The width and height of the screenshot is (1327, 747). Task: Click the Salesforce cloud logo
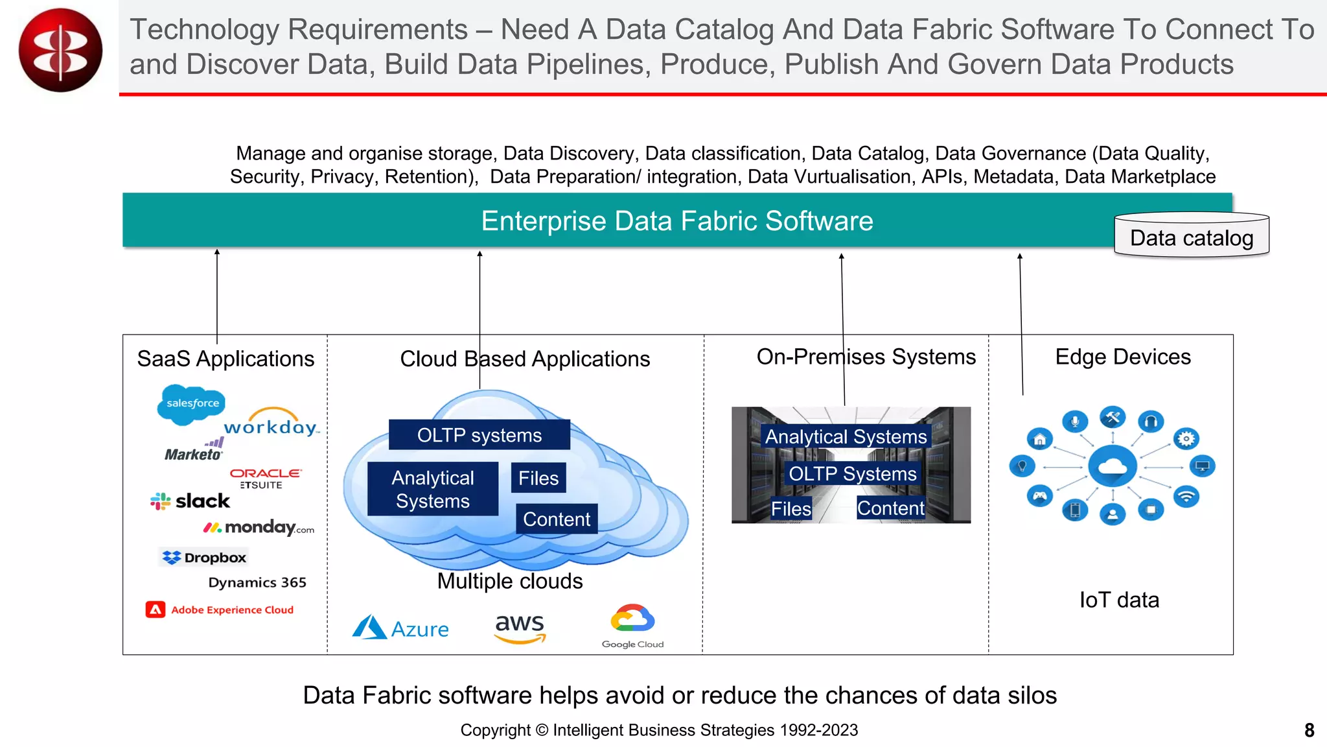point(191,403)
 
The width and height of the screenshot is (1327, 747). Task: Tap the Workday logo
point(271,423)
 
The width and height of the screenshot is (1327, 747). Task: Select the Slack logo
point(190,501)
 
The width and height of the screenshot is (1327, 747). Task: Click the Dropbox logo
point(204,558)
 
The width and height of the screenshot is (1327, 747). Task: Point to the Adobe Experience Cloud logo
point(220,610)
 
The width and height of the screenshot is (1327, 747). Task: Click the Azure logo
point(400,628)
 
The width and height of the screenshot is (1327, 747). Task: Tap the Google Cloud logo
point(632,626)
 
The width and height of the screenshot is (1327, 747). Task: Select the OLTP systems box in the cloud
point(479,435)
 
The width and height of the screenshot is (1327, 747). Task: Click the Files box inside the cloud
point(538,478)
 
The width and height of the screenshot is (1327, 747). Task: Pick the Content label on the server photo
point(890,508)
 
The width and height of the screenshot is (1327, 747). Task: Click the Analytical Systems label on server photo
point(846,436)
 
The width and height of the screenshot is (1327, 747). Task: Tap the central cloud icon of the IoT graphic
point(1113,466)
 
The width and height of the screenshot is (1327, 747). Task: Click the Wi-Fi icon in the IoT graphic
point(1186,497)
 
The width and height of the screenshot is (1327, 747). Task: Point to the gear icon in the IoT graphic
point(1186,439)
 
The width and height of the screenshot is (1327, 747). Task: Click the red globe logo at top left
point(60,50)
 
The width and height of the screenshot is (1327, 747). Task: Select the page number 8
point(1309,730)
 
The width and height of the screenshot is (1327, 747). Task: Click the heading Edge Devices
point(1122,357)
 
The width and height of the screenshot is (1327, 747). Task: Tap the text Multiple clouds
point(510,581)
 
